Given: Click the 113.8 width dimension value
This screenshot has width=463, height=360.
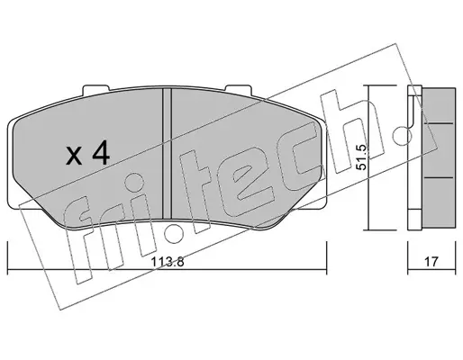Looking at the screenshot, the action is [x=168, y=262].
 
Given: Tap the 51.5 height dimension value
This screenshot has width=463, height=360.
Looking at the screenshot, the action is [x=361, y=157].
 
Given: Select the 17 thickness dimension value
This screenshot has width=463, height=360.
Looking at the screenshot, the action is [x=431, y=262].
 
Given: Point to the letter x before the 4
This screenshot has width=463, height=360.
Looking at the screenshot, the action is [x=74, y=157].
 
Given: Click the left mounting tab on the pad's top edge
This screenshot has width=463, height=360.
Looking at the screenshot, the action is [x=95, y=89].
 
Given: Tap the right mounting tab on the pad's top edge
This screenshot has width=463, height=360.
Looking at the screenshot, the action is [x=238, y=89].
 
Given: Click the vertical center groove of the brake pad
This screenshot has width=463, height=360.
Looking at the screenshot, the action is [x=167, y=153].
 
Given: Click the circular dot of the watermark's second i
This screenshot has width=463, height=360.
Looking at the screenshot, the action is [x=175, y=233].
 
